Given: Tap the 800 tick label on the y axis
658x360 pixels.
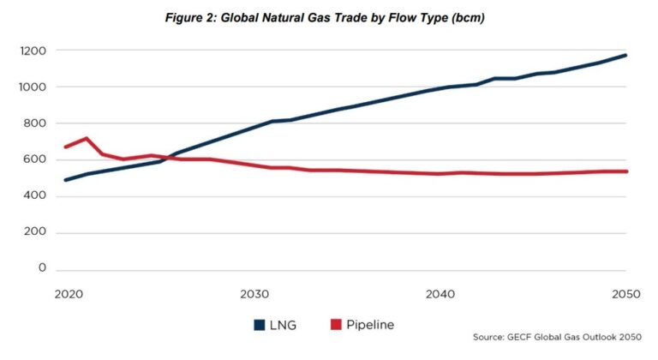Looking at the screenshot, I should click(x=33, y=123).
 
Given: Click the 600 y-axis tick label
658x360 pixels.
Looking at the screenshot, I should click(x=33, y=159).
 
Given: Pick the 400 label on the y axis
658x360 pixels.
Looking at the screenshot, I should click(x=33, y=196).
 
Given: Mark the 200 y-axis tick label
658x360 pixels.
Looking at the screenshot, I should click(x=33, y=232).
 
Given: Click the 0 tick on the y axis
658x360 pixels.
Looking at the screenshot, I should click(x=40, y=269).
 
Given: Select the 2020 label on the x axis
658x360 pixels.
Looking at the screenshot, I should click(x=67, y=294).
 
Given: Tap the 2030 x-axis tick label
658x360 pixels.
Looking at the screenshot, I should click(x=253, y=294).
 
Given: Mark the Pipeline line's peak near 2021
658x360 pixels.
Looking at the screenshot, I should click(x=85, y=138).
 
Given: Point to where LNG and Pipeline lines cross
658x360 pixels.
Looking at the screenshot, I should click(x=168, y=158).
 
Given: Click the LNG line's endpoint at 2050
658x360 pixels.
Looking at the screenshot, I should click(x=626, y=55).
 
